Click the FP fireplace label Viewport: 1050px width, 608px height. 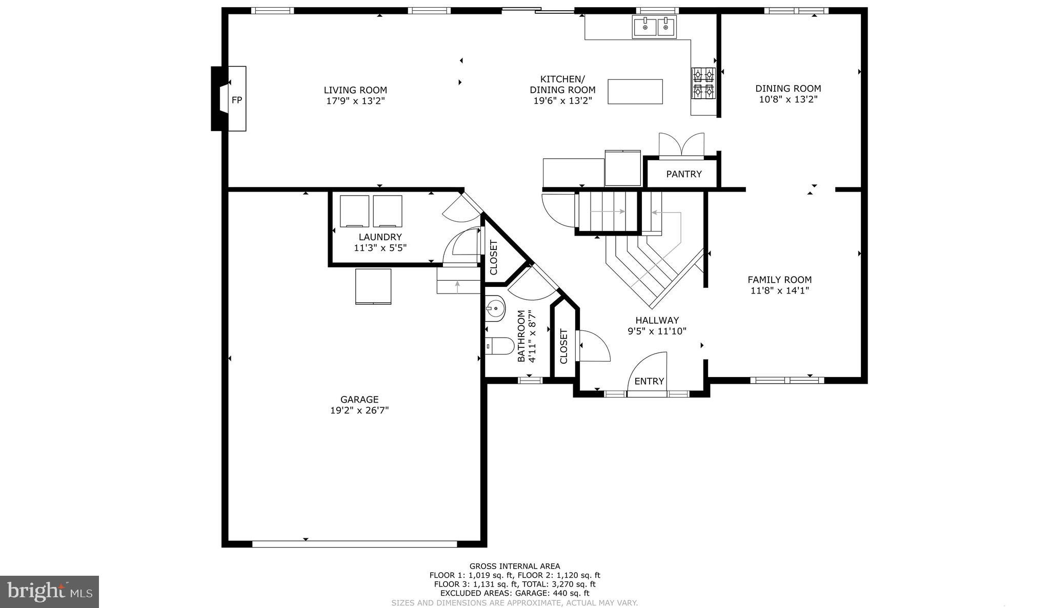pyautogui.click(x=236, y=100)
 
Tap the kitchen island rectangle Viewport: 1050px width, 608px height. pyautogui.click(x=635, y=92)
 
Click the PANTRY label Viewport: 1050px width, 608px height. pyautogui.click(x=683, y=174)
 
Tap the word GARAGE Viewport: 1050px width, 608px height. pyautogui.click(x=359, y=400)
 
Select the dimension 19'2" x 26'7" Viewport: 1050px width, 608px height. pyautogui.click(x=359, y=410)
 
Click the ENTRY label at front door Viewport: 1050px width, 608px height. pyautogui.click(x=649, y=381)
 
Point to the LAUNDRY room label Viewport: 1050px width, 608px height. pyautogui.click(x=380, y=237)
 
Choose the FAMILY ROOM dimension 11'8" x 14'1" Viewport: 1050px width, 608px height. pyautogui.click(x=779, y=291)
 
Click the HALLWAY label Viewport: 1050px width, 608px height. pyautogui.click(x=657, y=320)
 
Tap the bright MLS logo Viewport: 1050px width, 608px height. pyautogui.click(x=50, y=592)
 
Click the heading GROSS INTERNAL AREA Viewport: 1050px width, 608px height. pyautogui.click(x=515, y=567)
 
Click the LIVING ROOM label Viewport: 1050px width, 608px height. pyautogui.click(x=355, y=90)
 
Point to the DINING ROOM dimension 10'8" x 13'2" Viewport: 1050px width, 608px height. pyautogui.click(x=788, y=99)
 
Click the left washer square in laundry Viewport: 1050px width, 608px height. pyautogui.click(x=354, y=211)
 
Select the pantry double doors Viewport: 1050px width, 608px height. pyautogui.click(x=681, y=144)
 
